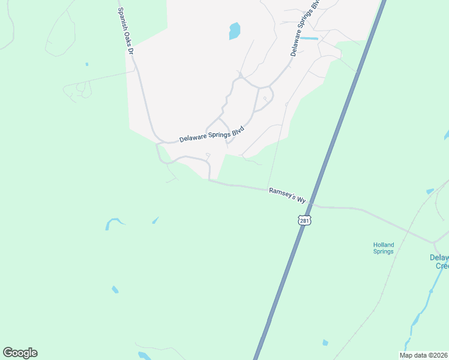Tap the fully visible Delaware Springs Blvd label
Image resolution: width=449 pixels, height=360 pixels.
(x=212, y=136)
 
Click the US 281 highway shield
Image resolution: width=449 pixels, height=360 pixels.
(x=305, y=221)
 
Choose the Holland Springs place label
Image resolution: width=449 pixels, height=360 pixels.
(x=382, y=248)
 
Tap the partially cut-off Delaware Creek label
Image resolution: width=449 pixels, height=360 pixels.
(x=439, y=262)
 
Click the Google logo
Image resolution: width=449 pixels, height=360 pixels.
(x=20, y=353)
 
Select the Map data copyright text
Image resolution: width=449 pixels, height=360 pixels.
(x=424, y=355)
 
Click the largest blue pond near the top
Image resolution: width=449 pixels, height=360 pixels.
(x=234, y=31)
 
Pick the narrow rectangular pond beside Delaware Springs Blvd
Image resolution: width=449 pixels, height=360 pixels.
(x=309, y=38)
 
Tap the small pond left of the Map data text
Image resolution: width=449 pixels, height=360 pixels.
(x=325, y=343)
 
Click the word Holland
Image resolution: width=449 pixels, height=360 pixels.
(x=382, y=245)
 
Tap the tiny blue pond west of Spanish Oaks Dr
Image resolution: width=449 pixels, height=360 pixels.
(x=87, y=64)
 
